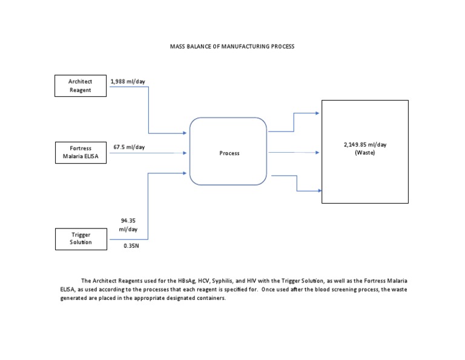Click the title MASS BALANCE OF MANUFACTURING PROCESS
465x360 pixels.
pos(232,46)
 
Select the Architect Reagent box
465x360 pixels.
pos(81,85)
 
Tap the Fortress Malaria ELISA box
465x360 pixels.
pos(81,153)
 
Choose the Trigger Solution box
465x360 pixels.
pos(81,238)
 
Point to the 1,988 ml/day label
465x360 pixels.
pos(128,80)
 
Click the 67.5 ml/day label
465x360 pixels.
pos(129,147)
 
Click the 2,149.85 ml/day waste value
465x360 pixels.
pos(364,145)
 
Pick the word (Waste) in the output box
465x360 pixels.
pos(364,153)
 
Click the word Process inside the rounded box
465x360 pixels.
pos(229,153)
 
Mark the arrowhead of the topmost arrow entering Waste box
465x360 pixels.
pos(317,113)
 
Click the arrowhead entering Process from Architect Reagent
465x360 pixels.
pos(184,133)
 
